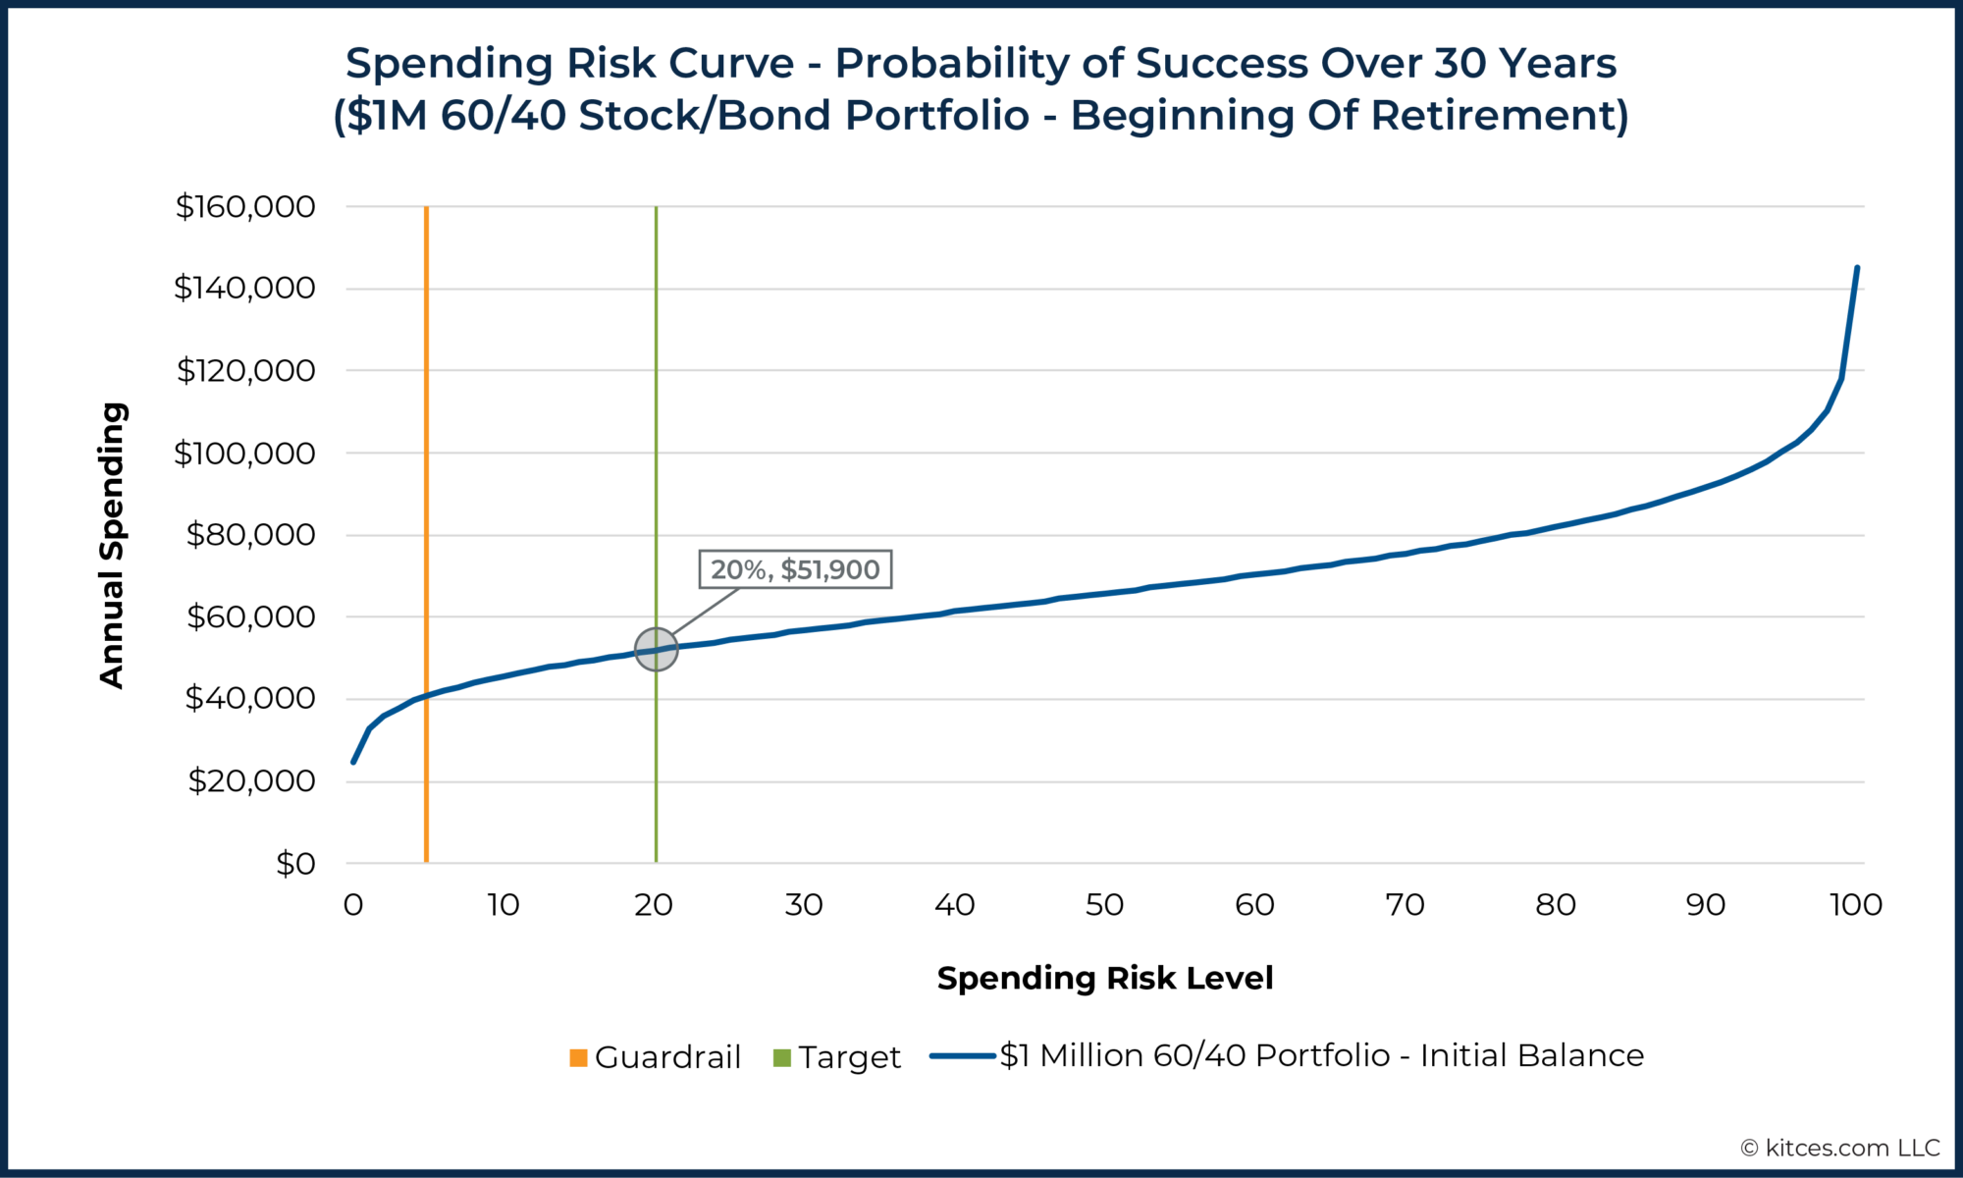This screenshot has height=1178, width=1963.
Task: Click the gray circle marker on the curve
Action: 656,650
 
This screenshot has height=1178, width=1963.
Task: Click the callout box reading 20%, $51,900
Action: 795,569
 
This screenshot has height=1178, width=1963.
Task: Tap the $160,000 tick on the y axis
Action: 245,207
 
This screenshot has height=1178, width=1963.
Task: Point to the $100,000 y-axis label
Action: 245,454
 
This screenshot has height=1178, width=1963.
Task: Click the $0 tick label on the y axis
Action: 295,864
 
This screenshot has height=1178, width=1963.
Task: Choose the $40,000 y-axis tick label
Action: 250,699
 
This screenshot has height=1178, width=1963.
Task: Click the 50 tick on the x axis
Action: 1104,905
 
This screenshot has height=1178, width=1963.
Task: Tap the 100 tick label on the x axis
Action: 1855,905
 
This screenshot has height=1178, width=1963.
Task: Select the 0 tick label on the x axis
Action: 353,905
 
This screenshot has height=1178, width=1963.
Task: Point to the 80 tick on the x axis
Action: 1555,905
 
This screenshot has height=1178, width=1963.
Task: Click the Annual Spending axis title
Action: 113,546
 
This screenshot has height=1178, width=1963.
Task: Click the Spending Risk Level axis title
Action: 1104,978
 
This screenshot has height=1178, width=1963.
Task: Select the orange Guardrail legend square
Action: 578,1057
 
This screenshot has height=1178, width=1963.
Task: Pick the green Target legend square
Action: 782,1057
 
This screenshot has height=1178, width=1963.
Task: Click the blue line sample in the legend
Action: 963,1056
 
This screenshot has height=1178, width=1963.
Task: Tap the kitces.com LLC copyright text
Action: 1840,1148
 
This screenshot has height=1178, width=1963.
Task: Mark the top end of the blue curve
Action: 1857,268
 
